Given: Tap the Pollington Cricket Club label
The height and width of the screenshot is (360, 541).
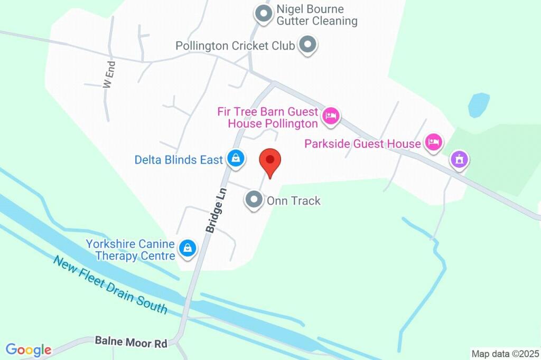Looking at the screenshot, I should point(235,46).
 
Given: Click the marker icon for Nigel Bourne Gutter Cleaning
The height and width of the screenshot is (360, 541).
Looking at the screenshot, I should point(263,14).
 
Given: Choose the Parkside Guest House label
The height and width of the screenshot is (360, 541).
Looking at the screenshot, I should point(362,144).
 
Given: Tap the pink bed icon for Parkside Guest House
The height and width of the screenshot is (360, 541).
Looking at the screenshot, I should point(434,141).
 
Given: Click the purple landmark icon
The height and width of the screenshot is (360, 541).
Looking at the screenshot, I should point(459,159).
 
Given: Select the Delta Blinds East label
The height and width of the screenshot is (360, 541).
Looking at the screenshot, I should point(179,159).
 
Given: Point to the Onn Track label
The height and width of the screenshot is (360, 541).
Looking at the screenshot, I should point(294,201).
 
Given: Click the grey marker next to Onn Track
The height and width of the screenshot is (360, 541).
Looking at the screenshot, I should point(254,200).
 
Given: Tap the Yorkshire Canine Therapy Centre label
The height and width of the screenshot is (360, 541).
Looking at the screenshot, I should point(130,250).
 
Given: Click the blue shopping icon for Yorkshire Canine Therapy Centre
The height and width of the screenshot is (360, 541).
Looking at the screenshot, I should point(187,248).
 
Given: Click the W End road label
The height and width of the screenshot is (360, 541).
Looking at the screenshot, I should point(109,75).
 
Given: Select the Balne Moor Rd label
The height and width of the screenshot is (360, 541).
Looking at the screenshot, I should point(131,342).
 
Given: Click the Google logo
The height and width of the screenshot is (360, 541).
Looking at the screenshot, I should point(29,349).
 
